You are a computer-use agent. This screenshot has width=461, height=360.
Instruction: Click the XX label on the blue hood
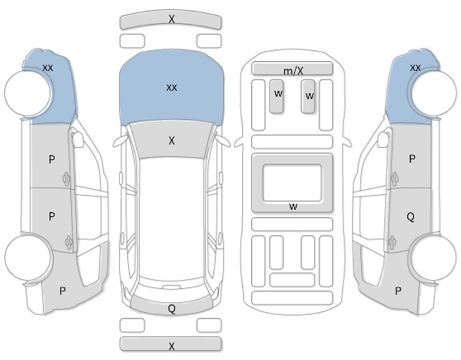pyautogui.click(x=172, y=88)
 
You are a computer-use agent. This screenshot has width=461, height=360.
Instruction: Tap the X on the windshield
pyautogui.click(x=172, y=140)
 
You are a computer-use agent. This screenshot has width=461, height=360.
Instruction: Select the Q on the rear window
pyautogui.click(x=172, y=309)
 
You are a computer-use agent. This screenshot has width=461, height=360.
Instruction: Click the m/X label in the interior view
pyautogui.click(x=293, y=71)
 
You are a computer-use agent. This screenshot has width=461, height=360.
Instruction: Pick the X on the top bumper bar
pyautogui.click(x=172, y=19)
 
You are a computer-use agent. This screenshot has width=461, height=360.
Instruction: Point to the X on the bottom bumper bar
pyautogui.click(x=172, y=346)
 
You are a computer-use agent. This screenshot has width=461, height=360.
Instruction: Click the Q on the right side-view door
pyautogui.click(x=411, y=217)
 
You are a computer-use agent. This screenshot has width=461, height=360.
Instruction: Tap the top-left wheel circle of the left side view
pyautogui.click(x=27, y=92)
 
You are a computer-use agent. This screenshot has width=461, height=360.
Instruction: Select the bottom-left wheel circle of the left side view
pyautogui.click(x=27, y=257)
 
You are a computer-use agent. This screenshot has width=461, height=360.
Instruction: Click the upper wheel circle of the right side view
pyautogui.click(x=435, y=93)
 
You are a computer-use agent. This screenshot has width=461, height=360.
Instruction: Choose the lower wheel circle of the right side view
pyautogui.click(x=434, y=257)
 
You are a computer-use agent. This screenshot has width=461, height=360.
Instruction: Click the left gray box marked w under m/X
pyautogui.click(x=277, y=96)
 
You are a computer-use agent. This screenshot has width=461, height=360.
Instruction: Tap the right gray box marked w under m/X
pyautogui.click(x=308, y=96)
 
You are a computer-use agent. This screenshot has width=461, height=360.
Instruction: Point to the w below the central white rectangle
pyautogui.click(x=293, y=206)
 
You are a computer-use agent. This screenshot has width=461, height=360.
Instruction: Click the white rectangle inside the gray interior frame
pyautogui.click(x=292, y=182)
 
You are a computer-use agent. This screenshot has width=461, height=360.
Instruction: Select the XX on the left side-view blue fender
pyautogui.click(x=48, y=68)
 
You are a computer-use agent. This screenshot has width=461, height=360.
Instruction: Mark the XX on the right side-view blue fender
pyautogui.click(x=415, y=68)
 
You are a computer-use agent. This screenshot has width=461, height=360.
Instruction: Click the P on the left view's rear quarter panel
pyautogui.click(x=62, y=291)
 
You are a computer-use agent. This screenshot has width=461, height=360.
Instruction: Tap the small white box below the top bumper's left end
pyautogui.click(x=132, y=40)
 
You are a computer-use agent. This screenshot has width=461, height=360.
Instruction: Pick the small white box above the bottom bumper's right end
pyautogui.click(x=209, y=325)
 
